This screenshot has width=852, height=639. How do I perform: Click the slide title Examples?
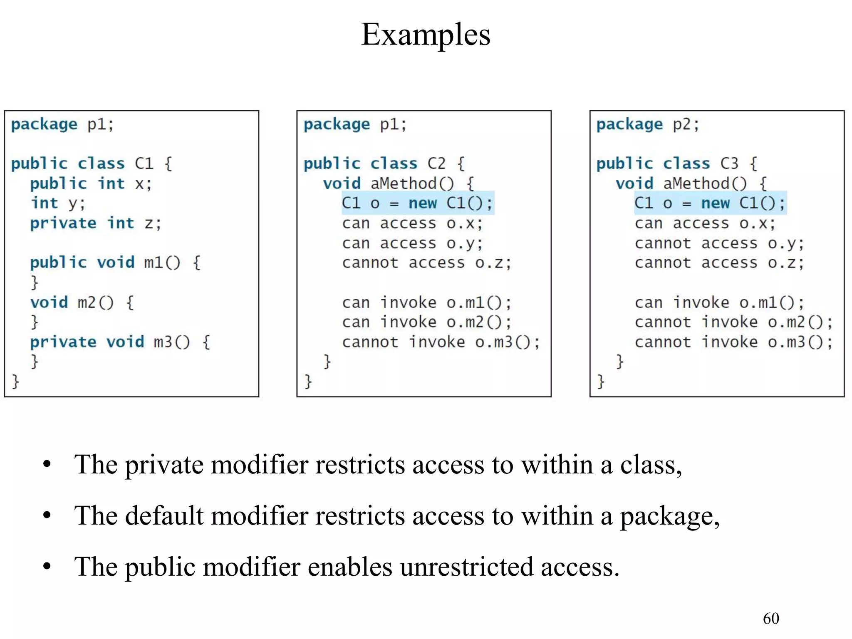click(426, 35)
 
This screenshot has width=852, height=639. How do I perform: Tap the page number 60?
click(770, 618)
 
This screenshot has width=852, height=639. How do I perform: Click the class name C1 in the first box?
click(144, 163)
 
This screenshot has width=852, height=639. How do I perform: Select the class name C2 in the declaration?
click(436, 163)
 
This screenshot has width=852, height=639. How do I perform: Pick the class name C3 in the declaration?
click(729, 163)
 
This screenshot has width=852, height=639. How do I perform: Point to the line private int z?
click(95, 223)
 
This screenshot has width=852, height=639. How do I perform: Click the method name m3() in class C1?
click(171, 342)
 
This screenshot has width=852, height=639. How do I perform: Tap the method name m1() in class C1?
click(162, 263)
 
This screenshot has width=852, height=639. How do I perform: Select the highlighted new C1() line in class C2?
click(417, 203)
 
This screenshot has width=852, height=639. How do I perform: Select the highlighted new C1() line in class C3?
click(710, 203)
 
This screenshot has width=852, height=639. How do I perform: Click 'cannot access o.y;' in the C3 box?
click(719, 243)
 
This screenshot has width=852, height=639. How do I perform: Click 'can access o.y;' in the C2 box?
click(412, 243)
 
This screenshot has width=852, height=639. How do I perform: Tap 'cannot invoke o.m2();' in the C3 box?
click(733, 322)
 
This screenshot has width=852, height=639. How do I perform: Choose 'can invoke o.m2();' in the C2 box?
click(426, 322)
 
